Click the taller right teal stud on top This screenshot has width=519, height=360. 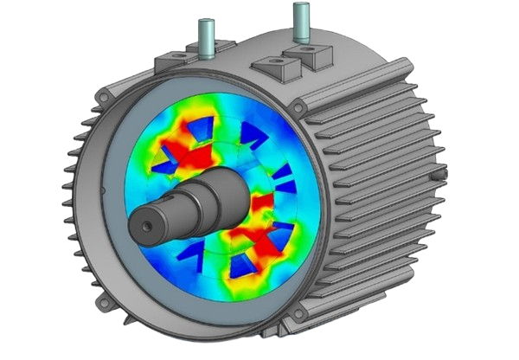301,19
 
